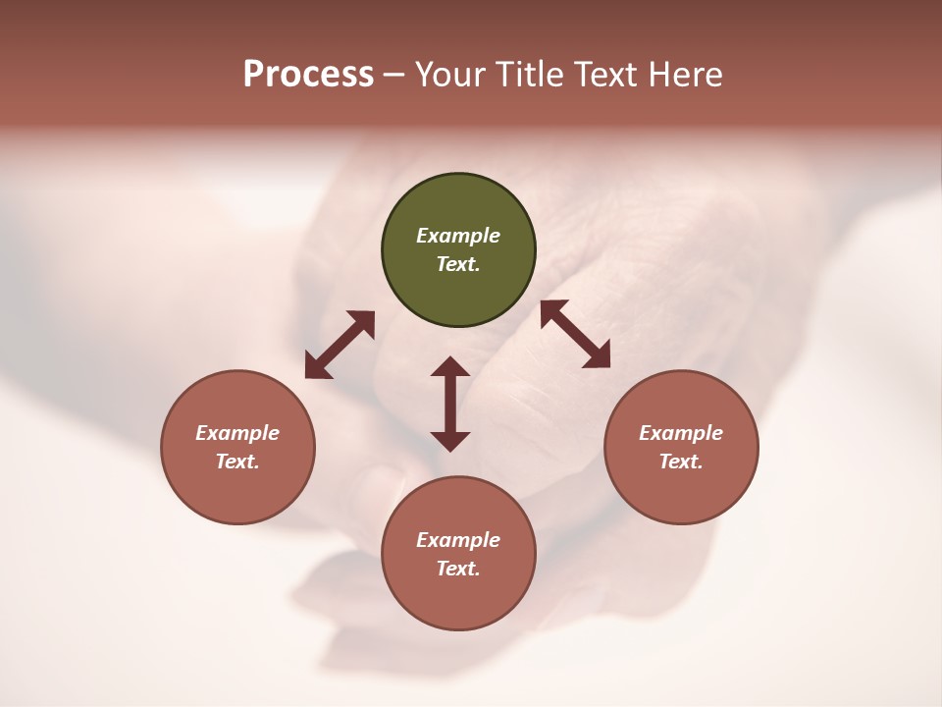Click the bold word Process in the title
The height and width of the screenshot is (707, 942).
pyautogui.click(x=308, y=75)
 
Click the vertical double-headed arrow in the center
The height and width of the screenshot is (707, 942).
pyautogui.click(x=450, y=404)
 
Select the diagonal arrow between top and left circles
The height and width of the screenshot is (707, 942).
pyautogui.click(x=340, y=345)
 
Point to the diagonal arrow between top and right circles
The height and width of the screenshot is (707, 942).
pyautogui.click(x=575, y=334)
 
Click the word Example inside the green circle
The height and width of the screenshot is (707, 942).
pyautogui.click(x=458, y=236)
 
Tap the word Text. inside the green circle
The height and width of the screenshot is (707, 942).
pyautogui.click(x=458, y=264)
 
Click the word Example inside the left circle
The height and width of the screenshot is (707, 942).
pyautogui.click(x=237, y=433)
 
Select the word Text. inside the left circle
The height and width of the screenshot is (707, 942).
pyautogui.click(x=237, y=462)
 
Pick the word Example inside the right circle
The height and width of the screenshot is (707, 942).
pyautogui.click(x=681, y=433)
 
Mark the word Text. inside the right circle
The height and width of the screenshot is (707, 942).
pyautogui.click(x=681, y=462)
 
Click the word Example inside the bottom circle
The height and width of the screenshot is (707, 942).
pyautogui.click(x=458, y=540)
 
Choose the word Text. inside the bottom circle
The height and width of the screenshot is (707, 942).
pyautogui.click(x=458, y=569)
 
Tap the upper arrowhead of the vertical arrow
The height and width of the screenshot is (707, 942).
pyautogui.click(x=450, y=367)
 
